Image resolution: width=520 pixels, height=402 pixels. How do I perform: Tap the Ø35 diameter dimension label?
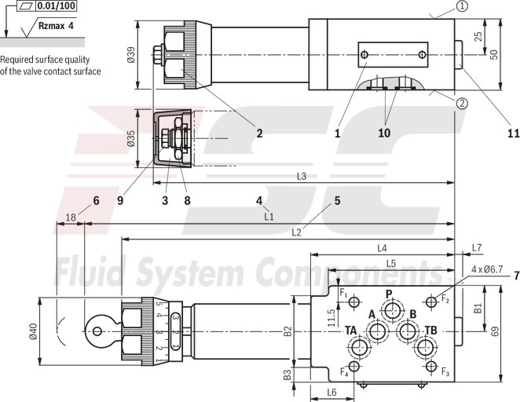[131, 139]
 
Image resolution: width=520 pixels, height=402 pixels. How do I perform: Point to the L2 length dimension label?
[296, 232]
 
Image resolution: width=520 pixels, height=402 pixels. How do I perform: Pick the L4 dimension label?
[383, 248]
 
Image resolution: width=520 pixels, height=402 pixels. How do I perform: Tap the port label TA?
[351, 330]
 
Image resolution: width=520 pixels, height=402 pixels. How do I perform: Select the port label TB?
[430, 330]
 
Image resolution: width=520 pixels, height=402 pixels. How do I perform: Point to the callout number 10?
[384, 133]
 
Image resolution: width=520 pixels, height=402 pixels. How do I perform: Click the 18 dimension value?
[71, 217]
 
